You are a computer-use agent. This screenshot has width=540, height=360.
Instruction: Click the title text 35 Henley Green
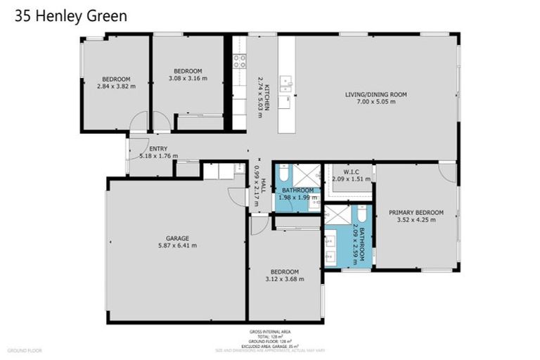point(71,16)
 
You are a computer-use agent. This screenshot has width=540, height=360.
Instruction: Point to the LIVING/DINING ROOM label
point(375,94)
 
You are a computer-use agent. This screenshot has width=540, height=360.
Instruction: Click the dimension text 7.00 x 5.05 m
point(375,102)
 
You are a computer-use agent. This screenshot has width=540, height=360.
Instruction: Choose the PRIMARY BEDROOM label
point(416,212)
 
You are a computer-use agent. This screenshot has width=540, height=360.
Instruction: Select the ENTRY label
point(158,148)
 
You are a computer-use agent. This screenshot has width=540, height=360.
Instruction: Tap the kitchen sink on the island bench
point(286,83)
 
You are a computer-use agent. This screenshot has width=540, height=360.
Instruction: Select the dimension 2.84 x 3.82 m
point(116,86)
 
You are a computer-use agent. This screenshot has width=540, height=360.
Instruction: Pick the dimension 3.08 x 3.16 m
point(188,79)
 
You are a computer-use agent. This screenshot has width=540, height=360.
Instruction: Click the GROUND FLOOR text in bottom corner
point(25,349)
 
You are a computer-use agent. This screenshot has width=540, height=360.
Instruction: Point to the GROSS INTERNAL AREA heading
point(270,330)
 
